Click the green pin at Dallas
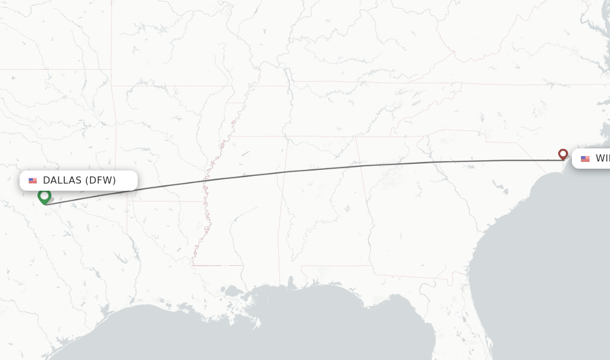(44, 196)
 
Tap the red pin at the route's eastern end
(563, 154)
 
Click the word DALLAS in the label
(62, 181)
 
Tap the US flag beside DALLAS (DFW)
(33, 181)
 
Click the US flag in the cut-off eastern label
(585, 159)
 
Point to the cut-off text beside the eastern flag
(602, 159)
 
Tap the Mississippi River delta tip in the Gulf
(257, 325)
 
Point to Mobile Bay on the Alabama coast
(291, 283)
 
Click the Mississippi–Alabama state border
(285, 203)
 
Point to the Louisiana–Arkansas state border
(161, 201)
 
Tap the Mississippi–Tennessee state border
(256, 136)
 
